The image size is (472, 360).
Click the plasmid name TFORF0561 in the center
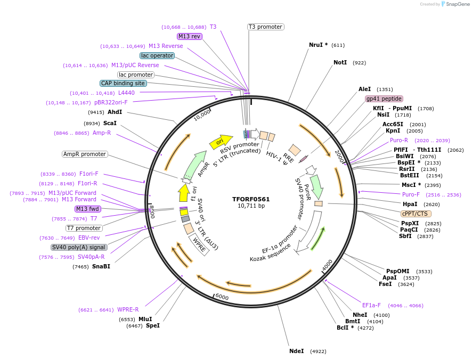point(251,199)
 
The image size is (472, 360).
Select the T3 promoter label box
point(265,27)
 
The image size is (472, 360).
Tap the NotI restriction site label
point(340,63)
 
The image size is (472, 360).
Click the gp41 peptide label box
point(384,99)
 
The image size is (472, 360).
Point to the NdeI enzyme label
point(296,351)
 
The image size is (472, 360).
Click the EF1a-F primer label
point(371,306)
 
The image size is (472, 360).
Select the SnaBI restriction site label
point(101,266)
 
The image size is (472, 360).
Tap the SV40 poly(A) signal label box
point(79,247)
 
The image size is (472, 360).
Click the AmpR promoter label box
point(85,154)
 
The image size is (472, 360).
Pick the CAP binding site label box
point(123,83)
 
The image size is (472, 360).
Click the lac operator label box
point(157,55)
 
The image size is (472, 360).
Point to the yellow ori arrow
point(221,142)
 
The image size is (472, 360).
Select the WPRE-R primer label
point(128,309)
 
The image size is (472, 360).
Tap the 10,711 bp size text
point(251,206)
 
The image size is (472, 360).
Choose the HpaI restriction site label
point(410,204)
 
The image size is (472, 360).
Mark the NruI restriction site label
point(319,45)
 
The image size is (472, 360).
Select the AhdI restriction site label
point(115,112)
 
